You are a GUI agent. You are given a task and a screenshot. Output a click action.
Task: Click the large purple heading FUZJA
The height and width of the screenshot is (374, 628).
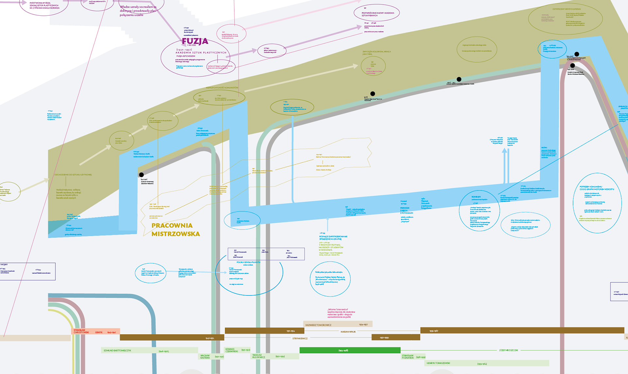pos(195,41)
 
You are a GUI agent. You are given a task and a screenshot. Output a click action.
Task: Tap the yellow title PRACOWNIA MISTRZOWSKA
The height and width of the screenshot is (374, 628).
pos(175,229)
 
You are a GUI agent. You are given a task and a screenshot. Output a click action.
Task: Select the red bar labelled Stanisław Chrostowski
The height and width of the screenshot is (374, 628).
pos(95,331)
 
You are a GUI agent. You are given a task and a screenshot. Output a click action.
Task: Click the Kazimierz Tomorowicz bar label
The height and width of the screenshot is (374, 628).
pos(319,325)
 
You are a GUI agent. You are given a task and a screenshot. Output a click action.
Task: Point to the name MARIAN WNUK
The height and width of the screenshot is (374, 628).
pos(348,332)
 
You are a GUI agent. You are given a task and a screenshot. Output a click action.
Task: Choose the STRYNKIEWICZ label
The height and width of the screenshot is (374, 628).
pos(300,338)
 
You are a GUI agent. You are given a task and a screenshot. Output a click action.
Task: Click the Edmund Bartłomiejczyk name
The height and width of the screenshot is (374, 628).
pos(117,350)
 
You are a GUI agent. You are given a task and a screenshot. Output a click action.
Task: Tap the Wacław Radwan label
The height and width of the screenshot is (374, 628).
pos(205,357)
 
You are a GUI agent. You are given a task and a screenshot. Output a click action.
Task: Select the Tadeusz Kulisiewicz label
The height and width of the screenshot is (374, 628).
pos(258,356)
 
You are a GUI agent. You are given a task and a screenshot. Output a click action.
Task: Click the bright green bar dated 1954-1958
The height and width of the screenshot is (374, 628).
pos(350,350)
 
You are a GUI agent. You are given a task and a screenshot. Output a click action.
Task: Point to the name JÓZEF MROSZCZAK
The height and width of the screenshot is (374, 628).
pos(509,350)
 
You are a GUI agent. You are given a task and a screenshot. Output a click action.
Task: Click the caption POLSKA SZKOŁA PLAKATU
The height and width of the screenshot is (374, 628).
pos(248,262)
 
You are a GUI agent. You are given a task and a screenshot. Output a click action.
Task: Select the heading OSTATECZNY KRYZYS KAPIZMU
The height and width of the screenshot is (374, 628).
pos(567,9)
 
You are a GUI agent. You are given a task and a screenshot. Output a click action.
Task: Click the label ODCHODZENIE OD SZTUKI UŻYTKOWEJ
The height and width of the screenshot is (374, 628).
pos(73,175)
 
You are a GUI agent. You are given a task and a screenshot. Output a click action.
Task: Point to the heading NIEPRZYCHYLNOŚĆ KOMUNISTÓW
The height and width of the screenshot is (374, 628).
pos(222,88)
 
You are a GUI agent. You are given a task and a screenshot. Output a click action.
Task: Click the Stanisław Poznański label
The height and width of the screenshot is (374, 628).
pos(408,357)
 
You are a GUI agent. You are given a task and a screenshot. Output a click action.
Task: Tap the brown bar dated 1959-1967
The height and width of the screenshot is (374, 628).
pos(522,330)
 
